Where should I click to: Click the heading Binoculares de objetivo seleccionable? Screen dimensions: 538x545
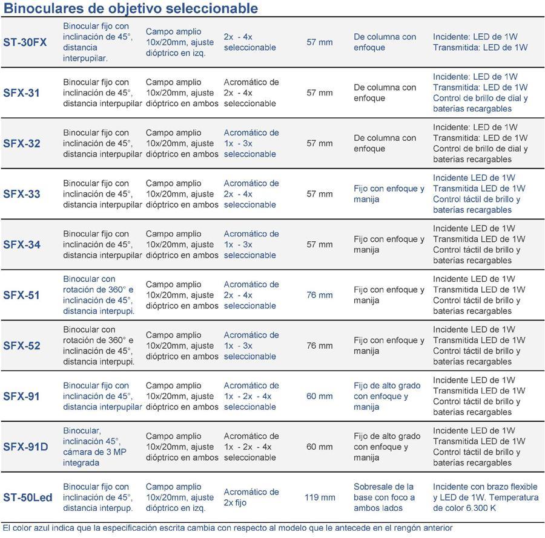point(131,8)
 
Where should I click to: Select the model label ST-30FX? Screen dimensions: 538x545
point(25,42)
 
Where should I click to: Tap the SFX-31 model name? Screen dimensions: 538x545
point(22,93)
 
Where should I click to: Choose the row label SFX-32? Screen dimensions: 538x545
point(22,143)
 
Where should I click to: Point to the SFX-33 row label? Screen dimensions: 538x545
point(22,194)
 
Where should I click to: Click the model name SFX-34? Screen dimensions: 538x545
point(22,245)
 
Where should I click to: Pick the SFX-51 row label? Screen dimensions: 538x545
point(22,295)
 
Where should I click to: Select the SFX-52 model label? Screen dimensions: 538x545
point(22,346)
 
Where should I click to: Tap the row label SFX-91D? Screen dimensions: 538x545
point(25,447)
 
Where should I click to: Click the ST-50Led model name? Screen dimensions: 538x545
point(28,497)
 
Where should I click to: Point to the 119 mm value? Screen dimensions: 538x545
point(320,497)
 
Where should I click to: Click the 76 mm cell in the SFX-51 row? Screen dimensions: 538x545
point(320,295)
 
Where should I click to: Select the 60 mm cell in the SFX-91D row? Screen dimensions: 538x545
point(320,447)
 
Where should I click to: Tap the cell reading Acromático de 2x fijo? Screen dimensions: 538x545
point(251,497)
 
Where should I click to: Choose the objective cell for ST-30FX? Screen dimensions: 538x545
point(249,42)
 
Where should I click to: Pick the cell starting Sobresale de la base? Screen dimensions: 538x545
point(385,497)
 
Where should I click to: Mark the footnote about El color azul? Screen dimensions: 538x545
point(228,528)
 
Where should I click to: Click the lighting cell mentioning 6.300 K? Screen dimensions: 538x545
point(485,497)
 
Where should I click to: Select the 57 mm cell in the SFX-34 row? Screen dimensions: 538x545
point(320,245)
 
